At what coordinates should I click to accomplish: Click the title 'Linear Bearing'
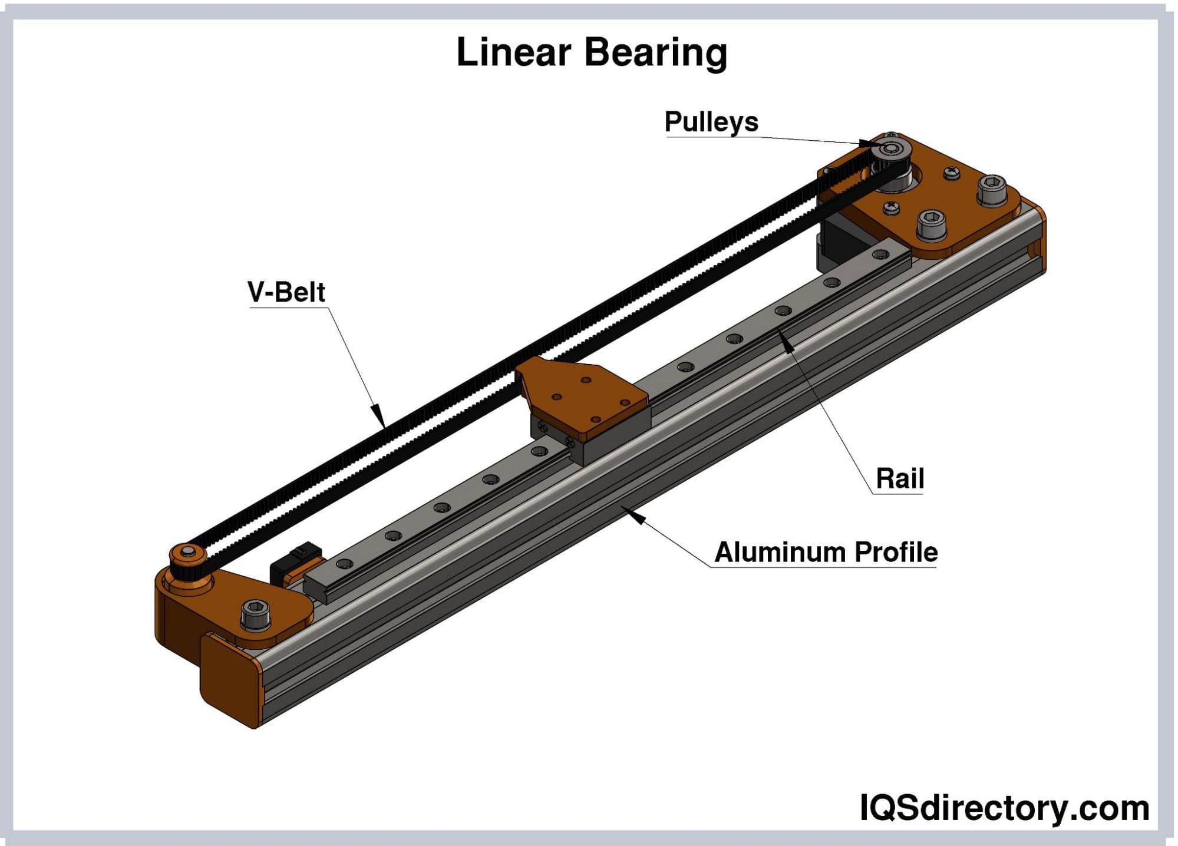coord(592,52)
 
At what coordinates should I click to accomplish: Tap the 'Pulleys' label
coord(711,122)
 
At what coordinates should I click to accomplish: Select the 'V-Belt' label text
coord(286,292)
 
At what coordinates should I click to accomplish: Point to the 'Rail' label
coord(899,478)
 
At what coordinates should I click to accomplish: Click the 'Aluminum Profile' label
coord(826,553)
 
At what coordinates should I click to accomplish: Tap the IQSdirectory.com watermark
coord(1004,808)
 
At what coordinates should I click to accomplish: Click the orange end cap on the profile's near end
coord(230,678)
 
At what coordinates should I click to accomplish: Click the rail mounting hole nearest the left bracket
coord(345,564)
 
